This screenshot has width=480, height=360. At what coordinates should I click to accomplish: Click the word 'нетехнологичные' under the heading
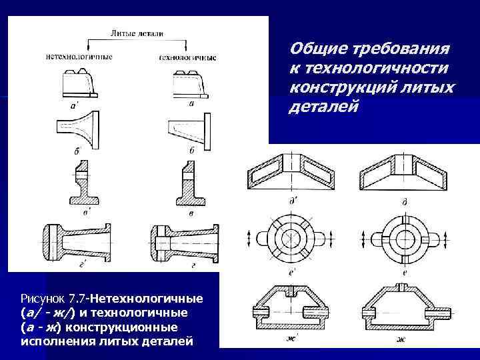[x=79, y=56]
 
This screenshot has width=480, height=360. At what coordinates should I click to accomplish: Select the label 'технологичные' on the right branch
[x=189, y=57]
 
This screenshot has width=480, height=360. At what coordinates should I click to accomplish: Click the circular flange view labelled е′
[x=294, y=238]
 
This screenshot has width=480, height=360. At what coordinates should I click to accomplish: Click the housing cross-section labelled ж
[x=401, y=309]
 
